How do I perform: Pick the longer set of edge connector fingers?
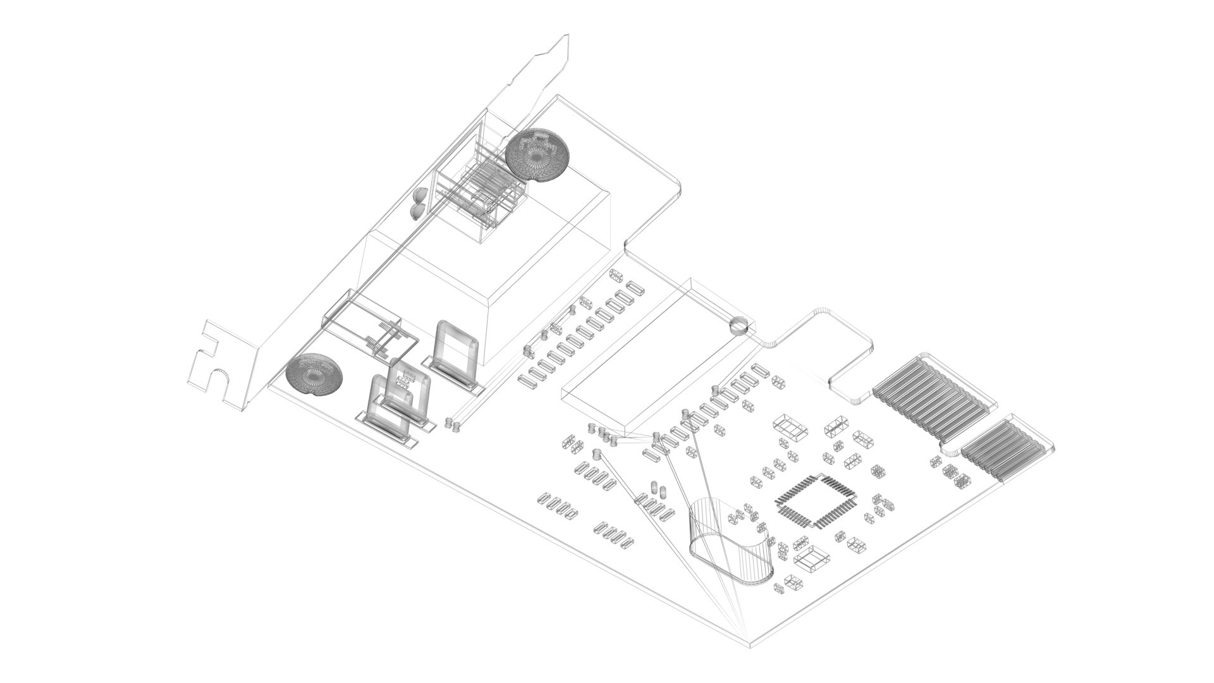coord(929,398)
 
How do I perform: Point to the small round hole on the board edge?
coord(739,326)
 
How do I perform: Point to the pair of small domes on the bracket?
coord(418,202)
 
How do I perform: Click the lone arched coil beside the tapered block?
coord(457,354)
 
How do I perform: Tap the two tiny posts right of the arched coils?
coord(451,424)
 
